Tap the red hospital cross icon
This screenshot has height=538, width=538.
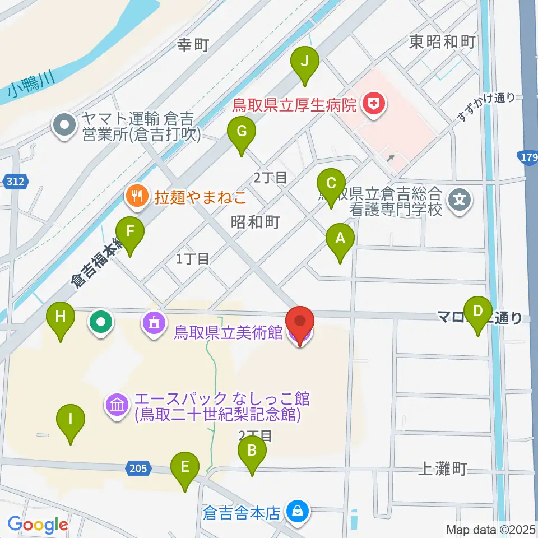(x=370, y=103)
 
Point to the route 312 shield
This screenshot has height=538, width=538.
(x=16, y=180)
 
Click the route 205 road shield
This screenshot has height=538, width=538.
(x=137, y=469)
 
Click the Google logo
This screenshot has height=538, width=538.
(x=38, y=525)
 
